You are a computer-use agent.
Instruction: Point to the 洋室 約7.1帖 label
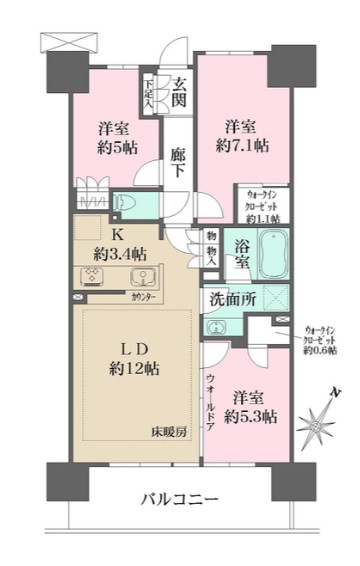[243, 136]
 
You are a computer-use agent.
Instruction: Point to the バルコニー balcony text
[181, 499]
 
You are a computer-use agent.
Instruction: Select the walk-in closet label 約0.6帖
[321, 340]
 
